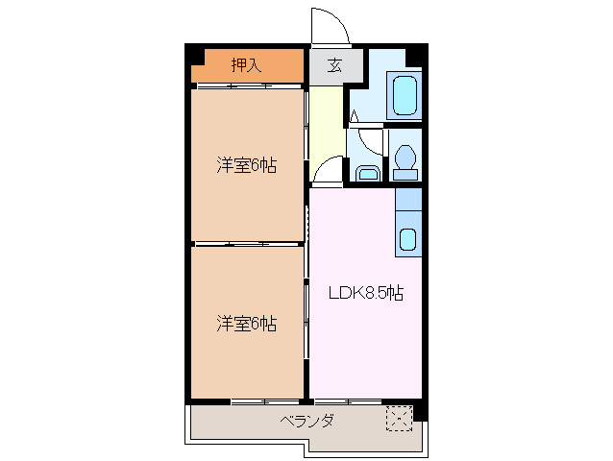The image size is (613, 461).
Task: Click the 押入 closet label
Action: pos(246,65)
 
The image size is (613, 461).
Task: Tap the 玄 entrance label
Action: pos(334,66)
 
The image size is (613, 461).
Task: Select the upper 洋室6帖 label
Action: pos(246,165)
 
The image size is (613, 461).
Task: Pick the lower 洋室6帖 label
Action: pos(246,324)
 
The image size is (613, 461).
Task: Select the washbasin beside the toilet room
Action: pos(366,173)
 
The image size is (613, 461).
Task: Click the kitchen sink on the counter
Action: pos(407,239)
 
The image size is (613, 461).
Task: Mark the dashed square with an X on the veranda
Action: pos(398,418)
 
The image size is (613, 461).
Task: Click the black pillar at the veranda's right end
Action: pos(419,410)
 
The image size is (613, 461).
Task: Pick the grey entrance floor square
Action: pos(327,67)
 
